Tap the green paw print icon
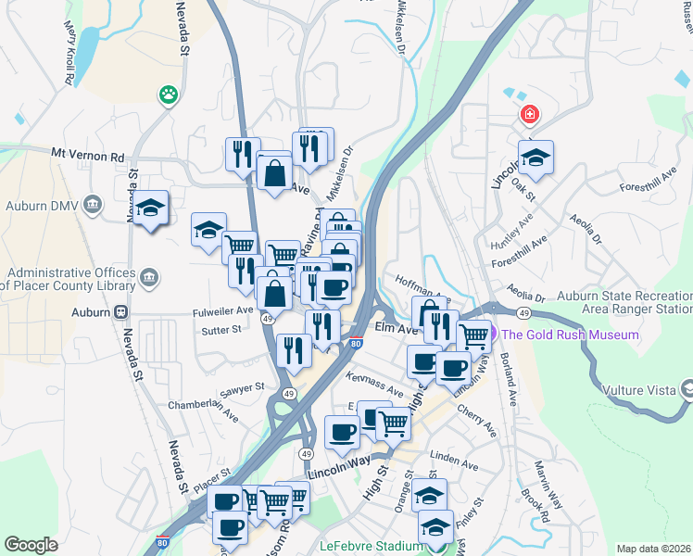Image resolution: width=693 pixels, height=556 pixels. (168, 94)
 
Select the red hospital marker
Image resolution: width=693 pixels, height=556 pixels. (529, 115)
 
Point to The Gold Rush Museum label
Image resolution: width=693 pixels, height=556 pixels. (571, 335)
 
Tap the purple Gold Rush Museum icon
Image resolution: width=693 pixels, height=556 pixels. (494, 335)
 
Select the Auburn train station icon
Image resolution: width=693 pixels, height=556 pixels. (121, 312)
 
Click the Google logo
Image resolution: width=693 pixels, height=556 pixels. (31, 545)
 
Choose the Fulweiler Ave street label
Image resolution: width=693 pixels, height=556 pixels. (223, 310)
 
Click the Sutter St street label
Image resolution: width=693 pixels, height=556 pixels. (221, 329)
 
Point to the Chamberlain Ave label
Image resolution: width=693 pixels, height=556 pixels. (203, 405)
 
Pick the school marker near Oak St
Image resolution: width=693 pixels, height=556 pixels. (535, 158)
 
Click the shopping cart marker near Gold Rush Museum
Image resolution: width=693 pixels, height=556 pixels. (474, 335)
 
